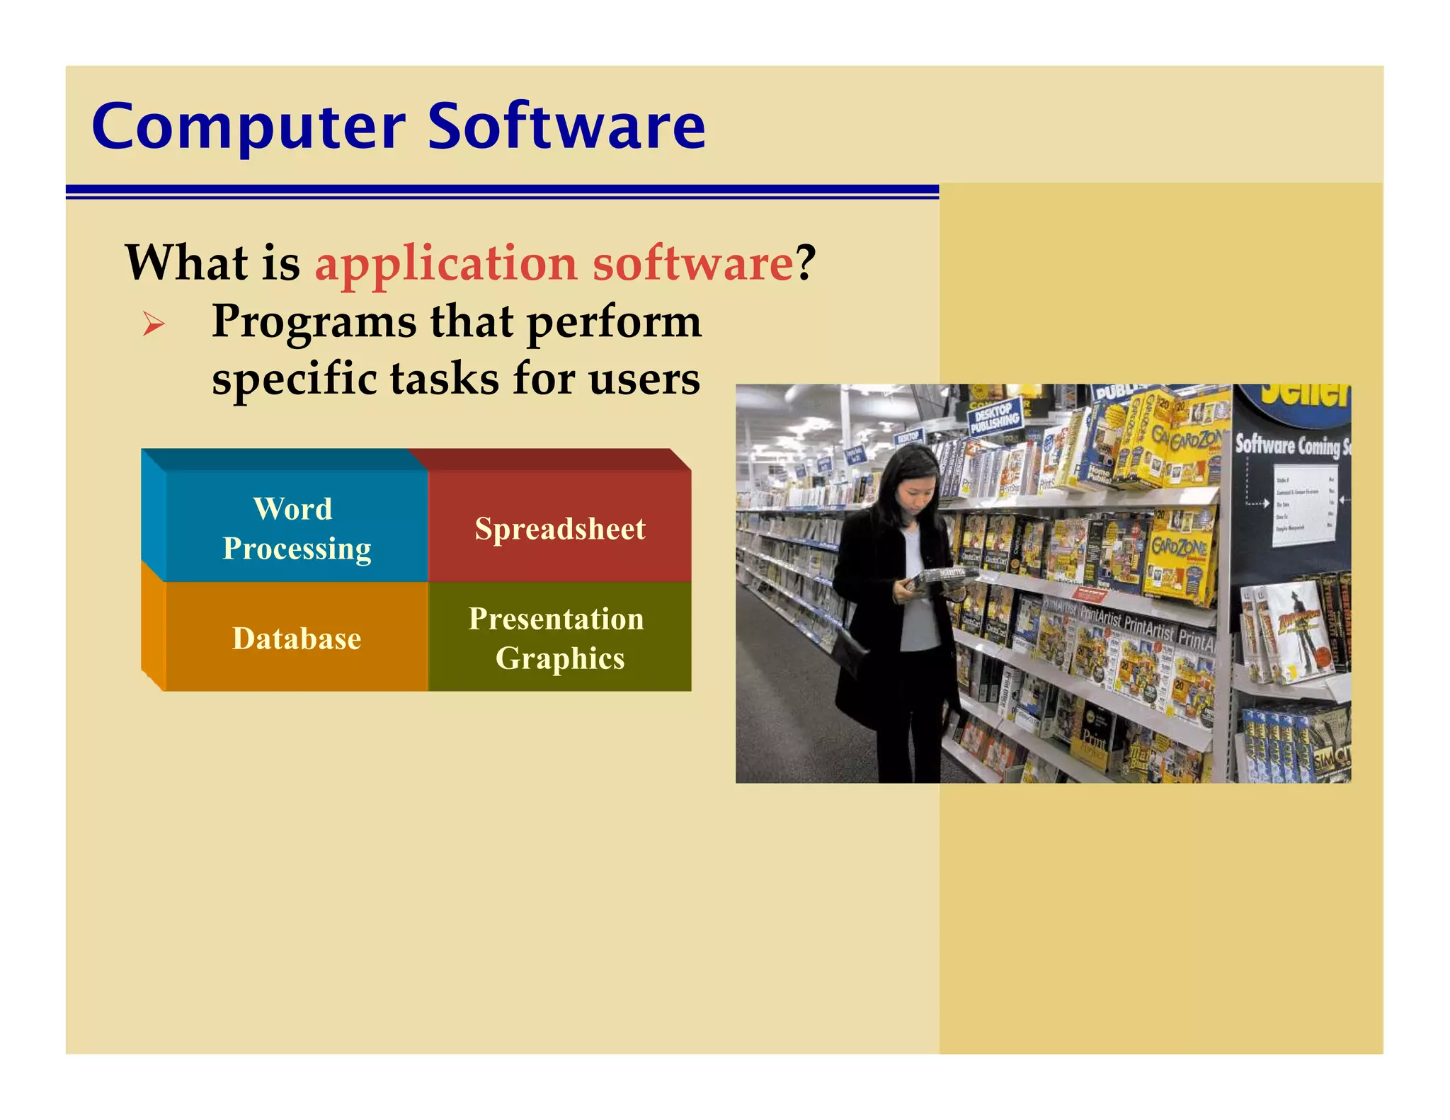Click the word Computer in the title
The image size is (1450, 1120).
248,127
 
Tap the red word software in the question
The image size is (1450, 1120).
692,263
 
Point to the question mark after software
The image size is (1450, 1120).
806,263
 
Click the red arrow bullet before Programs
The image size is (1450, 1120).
153,325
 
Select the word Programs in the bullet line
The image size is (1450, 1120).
314,323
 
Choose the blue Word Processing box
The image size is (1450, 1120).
296,528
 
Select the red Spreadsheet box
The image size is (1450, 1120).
559,528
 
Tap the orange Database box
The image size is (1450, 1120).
296,638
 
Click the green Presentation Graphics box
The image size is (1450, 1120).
559,637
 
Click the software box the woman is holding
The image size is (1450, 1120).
938,576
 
